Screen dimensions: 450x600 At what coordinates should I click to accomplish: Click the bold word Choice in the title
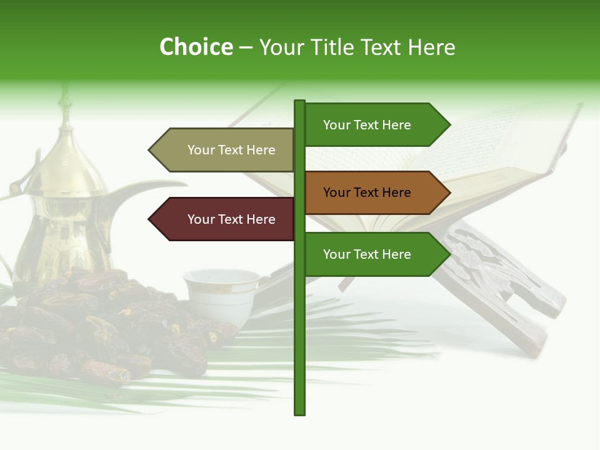coord(196,47)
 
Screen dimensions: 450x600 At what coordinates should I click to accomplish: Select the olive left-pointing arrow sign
coord(225,150)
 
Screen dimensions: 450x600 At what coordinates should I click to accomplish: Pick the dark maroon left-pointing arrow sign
coord(225,219)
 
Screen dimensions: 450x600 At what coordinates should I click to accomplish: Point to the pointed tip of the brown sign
coord(449,192)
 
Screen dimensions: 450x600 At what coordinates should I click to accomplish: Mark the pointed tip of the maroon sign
coord(150,219)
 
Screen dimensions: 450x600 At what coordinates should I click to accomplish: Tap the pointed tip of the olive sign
coord(150,150)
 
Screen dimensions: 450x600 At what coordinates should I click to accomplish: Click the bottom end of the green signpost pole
coord(299,412)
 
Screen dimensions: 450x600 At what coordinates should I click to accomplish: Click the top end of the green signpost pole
coord(299,102)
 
